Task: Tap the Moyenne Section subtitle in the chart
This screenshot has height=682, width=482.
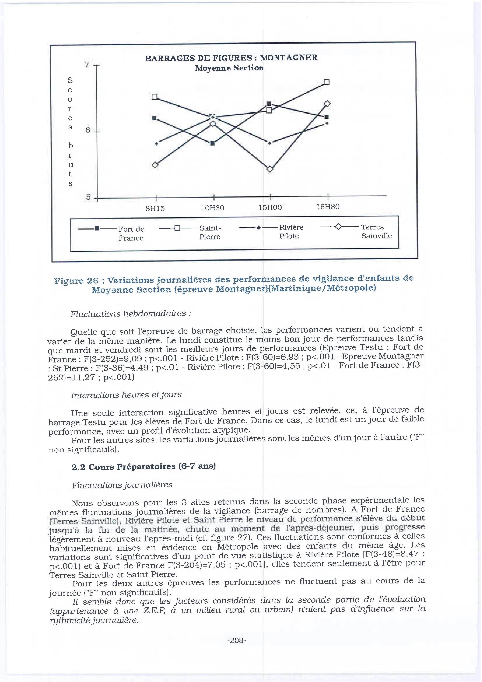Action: coord(229,68)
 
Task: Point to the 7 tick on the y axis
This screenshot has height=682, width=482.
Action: coord(87,64)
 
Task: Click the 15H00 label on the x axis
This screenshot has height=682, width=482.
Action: coord(270,207)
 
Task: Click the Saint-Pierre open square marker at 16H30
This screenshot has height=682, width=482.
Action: coord(326,82)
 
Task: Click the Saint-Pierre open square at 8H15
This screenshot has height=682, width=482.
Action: coord(154,97)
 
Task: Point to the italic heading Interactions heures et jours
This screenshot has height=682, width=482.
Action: coord(126,395)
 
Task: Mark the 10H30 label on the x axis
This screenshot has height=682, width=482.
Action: coord(213,208)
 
